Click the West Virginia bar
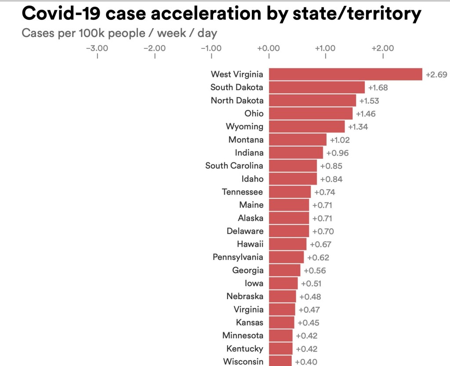(345, 74)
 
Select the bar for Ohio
(311, 113)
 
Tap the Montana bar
(298, 139)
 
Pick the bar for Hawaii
(287, 244)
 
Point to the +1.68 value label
(378, 88)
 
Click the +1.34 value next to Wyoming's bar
(358, 127)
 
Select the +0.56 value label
(315, 271)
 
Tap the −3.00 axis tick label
(97, 48)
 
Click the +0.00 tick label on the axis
(269, 48)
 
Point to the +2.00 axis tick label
(383, 48)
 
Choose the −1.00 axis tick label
(211, 48)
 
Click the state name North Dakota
(237, 100)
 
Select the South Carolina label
(234, 165)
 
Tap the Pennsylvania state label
(238, 257)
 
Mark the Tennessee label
(242, 192)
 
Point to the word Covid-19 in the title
(61, 13)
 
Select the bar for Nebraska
(283, 296)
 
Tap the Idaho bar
(293, 179)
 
